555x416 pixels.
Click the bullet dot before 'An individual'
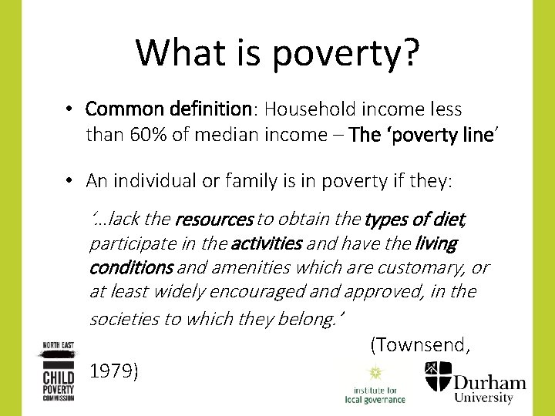[69, 181]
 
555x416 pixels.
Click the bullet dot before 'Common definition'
[69, 109]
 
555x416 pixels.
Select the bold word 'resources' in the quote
[214, 220]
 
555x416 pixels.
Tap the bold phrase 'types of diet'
[415, 220]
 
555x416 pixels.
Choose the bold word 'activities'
[266, 244]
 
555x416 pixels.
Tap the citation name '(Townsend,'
[420, 344]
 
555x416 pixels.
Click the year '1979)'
[114, 371]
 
